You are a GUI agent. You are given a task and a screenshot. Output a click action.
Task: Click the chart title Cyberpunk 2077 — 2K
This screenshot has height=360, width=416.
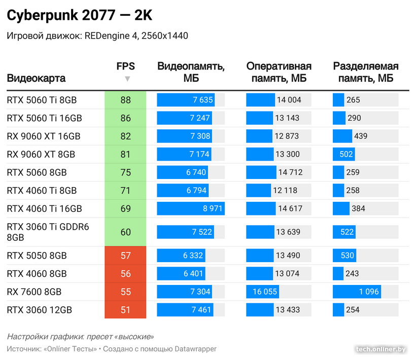pos(79,16)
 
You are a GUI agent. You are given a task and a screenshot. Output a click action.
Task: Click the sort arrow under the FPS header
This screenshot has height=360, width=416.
pos(127,79)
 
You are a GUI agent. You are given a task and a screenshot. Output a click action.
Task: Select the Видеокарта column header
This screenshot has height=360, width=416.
pos(36,79)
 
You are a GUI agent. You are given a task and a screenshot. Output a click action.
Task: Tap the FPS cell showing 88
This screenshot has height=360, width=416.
pos(125,100)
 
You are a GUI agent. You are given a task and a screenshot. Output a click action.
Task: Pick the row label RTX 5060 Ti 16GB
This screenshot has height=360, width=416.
pos(44,118)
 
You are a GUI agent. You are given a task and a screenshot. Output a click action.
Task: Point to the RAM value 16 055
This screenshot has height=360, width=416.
pos(261,292)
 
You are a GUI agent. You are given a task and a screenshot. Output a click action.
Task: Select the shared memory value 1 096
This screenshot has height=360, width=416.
pos(368,292)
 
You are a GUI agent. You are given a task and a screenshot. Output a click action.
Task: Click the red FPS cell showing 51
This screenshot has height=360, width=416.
pos(125,310)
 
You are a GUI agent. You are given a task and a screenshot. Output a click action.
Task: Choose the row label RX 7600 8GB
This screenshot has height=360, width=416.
pos(34,292)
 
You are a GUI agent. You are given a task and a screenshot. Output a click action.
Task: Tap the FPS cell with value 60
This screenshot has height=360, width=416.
pos(125,232)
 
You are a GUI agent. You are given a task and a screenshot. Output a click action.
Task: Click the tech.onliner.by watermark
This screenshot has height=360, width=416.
pos(381,349)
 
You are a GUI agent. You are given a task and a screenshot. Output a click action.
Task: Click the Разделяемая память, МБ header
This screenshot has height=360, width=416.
pos(365,72)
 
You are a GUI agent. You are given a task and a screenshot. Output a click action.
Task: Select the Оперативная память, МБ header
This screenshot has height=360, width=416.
pos(279,72)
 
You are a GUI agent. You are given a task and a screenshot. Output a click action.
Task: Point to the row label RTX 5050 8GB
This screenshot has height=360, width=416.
pos(37,255)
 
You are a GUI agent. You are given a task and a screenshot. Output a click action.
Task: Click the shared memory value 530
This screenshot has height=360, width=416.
pos(348,255)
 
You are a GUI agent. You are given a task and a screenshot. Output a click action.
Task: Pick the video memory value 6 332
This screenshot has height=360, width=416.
pos(193,255)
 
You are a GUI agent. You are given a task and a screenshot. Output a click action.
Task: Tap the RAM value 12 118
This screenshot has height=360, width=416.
pos(285,190)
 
